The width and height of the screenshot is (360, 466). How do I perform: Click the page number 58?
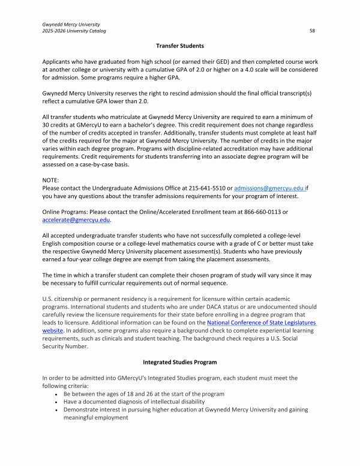click(x=313, y=29)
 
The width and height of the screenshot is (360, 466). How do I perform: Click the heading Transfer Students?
click(x=180, y=46)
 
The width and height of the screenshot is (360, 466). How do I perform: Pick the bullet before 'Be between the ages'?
click(x=56, y=394)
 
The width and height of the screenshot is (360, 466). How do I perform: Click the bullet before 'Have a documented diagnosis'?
click(x=56, y=402)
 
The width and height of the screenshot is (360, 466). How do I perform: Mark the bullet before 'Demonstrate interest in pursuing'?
click(x=56, y=410)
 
